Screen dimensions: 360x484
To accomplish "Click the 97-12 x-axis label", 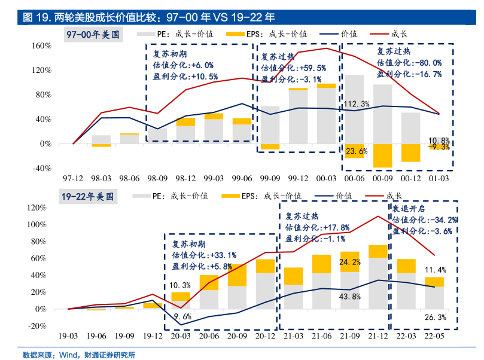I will pos(73,178).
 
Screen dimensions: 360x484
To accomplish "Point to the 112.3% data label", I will pos(357,105).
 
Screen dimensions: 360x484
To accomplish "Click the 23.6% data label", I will pos(355,151).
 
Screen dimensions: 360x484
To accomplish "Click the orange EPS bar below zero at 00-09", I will pos(382,155).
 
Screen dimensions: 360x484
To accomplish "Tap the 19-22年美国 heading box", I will pos(87,196).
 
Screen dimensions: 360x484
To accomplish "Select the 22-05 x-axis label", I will pos(434,337).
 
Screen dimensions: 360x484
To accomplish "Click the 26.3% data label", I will pos(435,317).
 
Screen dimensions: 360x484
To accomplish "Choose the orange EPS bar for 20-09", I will pos(237,275).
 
